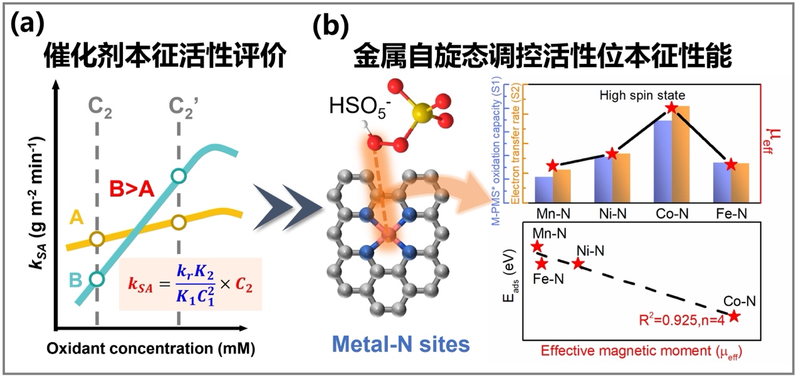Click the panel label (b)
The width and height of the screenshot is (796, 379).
pos(331,25)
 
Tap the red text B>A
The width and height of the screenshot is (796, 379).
pos(132,189)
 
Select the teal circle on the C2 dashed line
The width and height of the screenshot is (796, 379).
pos(97,279)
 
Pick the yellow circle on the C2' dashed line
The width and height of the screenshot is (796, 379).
pos(179,223)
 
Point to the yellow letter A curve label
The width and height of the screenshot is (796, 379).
pos(76,217)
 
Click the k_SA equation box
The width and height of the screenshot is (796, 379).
pos(191,284)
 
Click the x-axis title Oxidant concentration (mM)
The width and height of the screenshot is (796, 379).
pos(150,349)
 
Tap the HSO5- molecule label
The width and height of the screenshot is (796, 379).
pos(360,106)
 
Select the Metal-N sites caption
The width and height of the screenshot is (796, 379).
pos(401,344)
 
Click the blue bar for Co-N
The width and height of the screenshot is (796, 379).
pos(662,162)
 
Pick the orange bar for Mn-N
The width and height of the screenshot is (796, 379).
pos(562,186)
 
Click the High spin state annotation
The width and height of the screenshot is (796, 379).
pos(642,95)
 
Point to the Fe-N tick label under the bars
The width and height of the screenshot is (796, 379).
pos(731,214)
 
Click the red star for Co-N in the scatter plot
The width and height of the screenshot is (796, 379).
pos(734,316)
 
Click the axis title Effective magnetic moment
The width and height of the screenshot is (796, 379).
pos(641,351)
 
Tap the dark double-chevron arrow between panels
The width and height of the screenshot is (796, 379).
pos(288,207)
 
